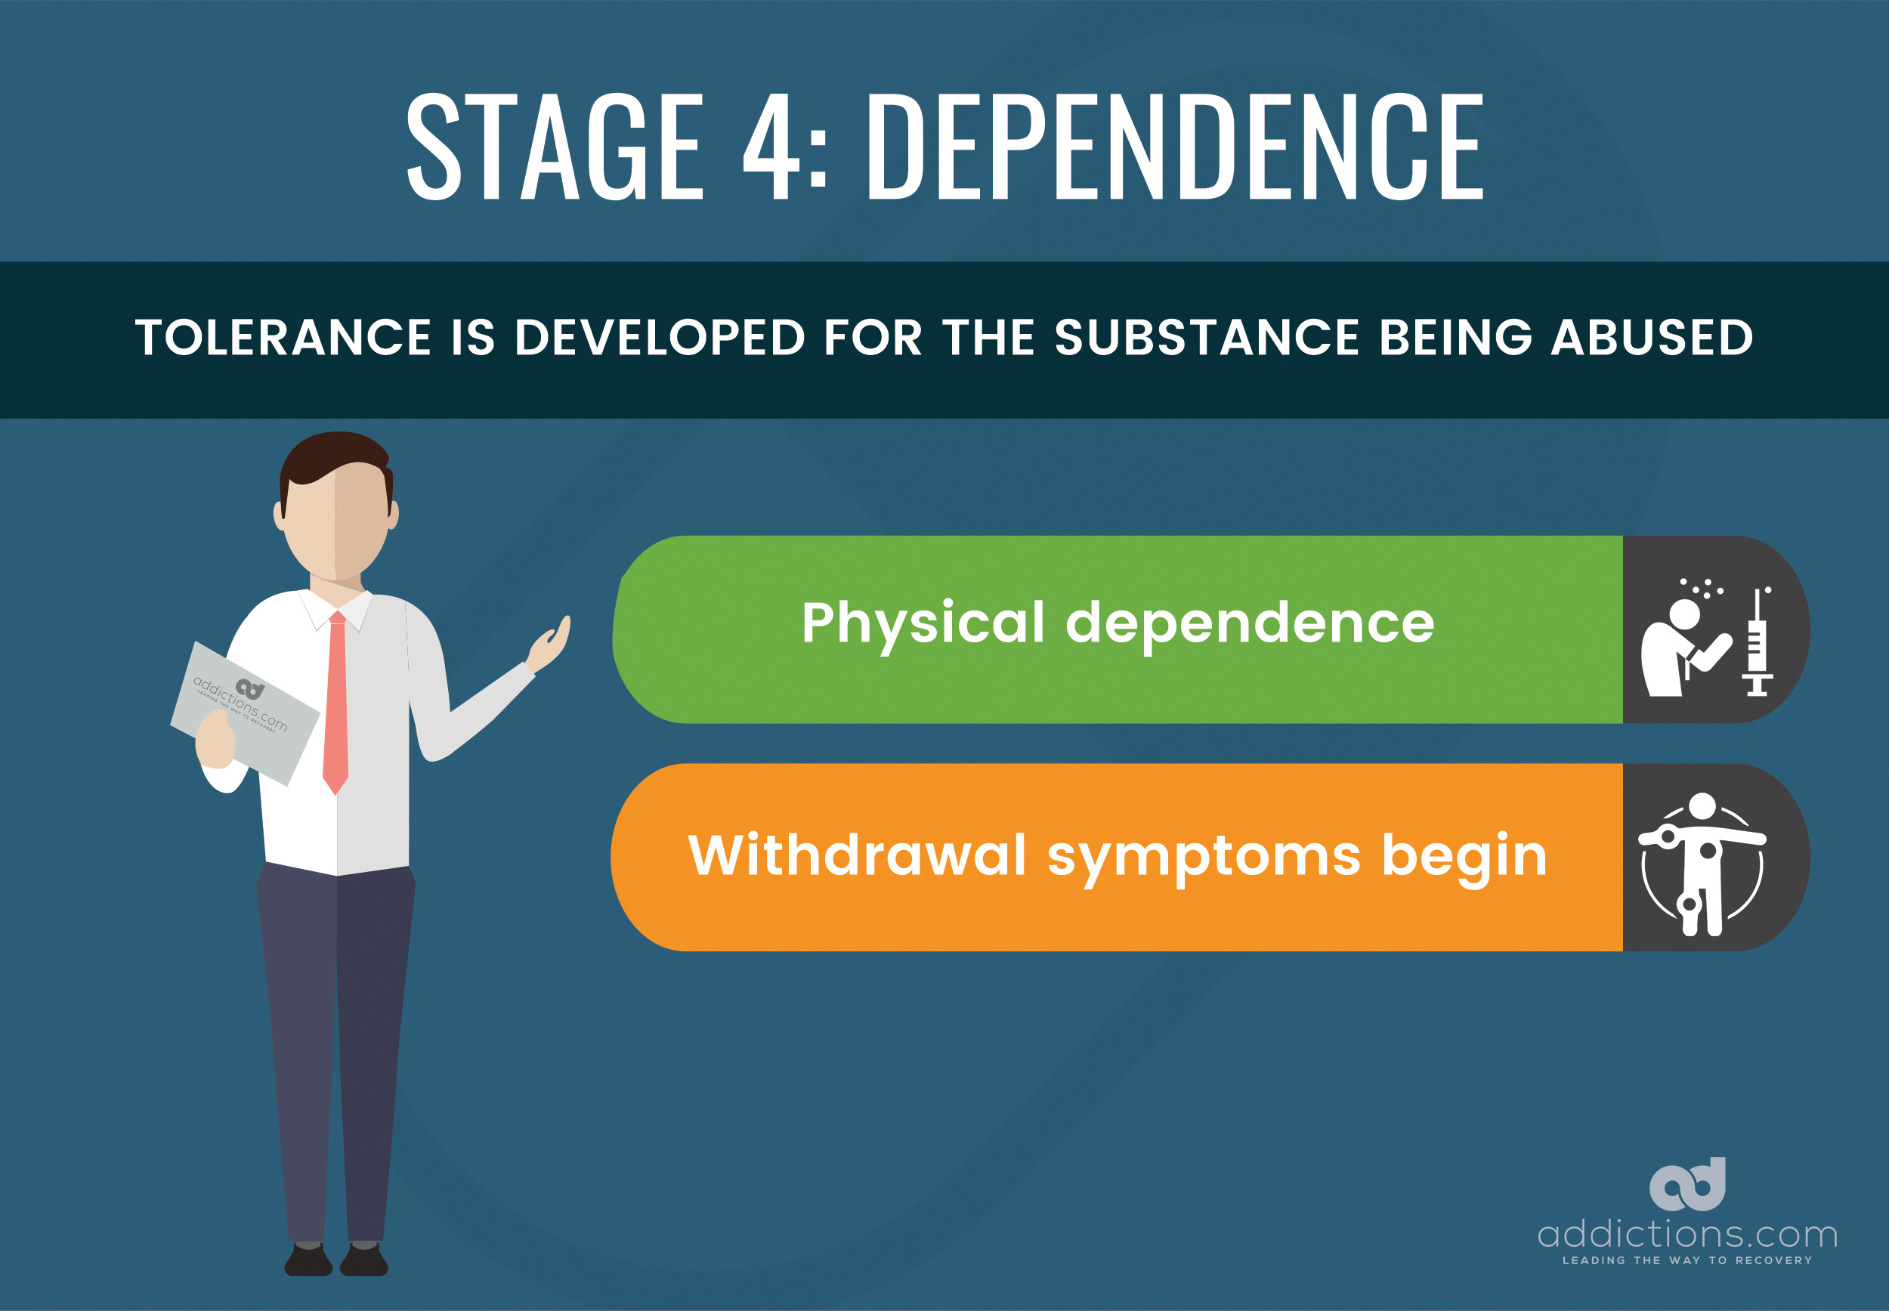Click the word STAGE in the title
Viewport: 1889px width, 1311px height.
coord(555,147)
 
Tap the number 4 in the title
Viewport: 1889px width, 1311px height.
coord(772,147)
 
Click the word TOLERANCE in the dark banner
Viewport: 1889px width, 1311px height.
coord(283,338)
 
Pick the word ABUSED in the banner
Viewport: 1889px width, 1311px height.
coord(1652,338)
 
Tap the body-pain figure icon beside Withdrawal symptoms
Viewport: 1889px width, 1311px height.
coord(1702,864)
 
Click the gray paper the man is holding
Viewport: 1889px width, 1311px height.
coord(245,713)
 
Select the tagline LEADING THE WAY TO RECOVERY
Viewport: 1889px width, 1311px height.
coord(1687,1260)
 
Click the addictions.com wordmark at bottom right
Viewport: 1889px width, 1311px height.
coord(1688,1234)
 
